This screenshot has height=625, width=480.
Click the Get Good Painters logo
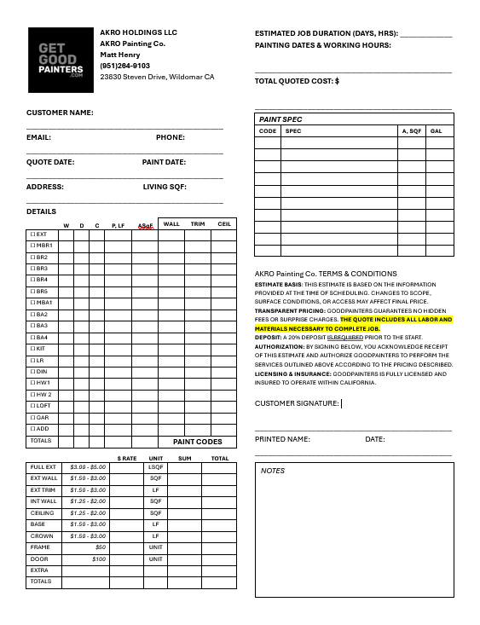pos(61,60)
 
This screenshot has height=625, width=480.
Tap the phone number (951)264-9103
pos(124,66)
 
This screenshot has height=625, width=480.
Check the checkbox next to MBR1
pos(33,246)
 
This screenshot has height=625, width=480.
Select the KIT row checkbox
pos(33,349)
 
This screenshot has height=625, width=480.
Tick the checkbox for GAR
pos(33,418)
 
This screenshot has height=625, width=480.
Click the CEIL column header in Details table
pos(224,224)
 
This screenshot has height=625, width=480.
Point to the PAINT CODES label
pos(197,442)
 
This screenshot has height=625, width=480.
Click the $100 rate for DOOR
pos(99,559)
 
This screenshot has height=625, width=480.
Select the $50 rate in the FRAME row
pos(101,547)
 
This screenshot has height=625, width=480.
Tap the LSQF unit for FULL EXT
pos(156,467)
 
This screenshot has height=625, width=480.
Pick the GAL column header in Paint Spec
pos(436,131)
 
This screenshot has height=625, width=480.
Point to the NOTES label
pos(273,471)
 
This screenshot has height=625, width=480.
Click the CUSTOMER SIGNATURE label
pos(297,403)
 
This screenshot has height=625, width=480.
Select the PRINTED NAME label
pos(282,439)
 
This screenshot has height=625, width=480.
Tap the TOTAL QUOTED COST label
pos(297,81)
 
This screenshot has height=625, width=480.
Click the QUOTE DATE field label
pos(50,162)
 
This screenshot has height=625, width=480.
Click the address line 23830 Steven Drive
pos(157,77)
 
